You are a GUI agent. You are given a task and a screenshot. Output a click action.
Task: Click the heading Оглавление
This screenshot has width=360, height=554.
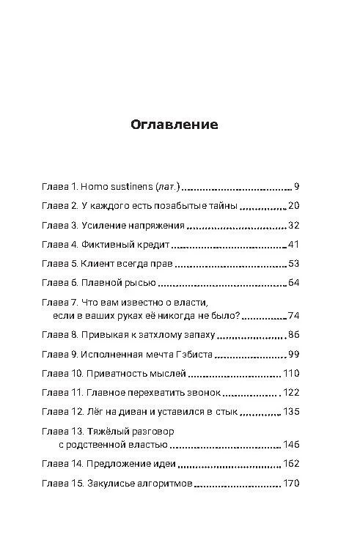click(175, 124)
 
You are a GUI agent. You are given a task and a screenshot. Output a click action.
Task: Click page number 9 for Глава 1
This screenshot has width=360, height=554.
click(296, 187)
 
